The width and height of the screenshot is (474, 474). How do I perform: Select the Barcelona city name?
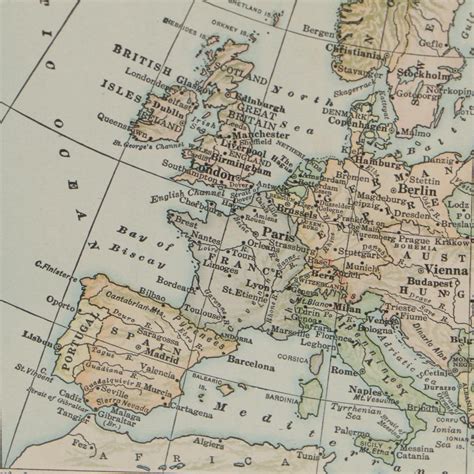(250, 367)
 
